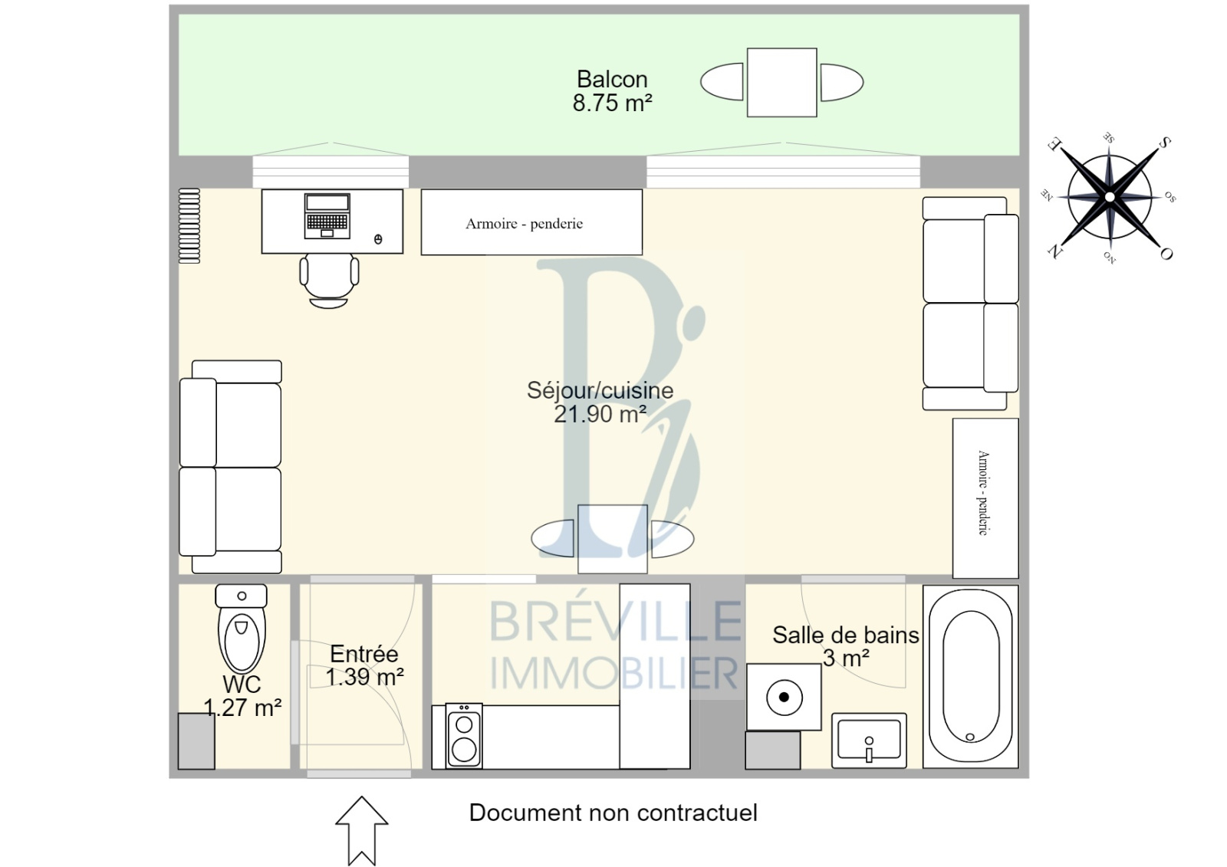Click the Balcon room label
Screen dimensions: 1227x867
pos(612,80)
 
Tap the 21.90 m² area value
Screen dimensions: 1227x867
pos(600,414)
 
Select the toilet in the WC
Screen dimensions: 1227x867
pos(241,629)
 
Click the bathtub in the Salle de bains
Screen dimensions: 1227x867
pos(970,676)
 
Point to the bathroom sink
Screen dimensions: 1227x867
pos(869,741)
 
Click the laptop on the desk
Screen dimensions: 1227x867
pos(327,215)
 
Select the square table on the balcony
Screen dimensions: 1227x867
pos(781,82)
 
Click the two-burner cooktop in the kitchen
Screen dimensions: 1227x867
pos(464,736)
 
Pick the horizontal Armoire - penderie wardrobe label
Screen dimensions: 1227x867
pos(525,224)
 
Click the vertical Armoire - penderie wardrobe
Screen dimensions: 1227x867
pos(985,498)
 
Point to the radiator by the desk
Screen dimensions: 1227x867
pos(189,225)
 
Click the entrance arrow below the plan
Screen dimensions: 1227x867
pos(361,830)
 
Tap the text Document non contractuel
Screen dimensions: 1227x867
pos(613,813)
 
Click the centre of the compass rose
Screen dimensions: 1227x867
pos(1110,196)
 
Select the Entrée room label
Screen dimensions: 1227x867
pos(363,654)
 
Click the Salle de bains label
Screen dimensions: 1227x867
pos(845,635)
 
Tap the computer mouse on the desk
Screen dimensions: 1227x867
pos(378,239)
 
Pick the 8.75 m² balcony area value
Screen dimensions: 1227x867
pos(613,103)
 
